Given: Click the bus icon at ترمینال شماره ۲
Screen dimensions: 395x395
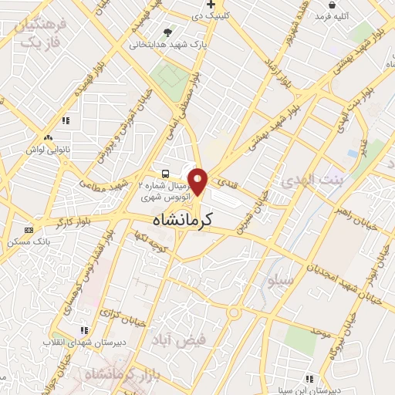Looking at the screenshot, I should (x=166, y=173).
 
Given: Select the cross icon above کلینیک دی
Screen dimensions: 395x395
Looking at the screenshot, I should (x=221, y=5).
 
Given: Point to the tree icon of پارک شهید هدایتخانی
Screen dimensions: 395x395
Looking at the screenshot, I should (x=167, y=32).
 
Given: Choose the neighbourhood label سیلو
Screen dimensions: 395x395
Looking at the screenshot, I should (x=279, y=280).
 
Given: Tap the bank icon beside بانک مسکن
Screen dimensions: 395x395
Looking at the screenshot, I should (x=29, y=230).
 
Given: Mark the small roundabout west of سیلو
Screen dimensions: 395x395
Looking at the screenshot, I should (x=234, y=313).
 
